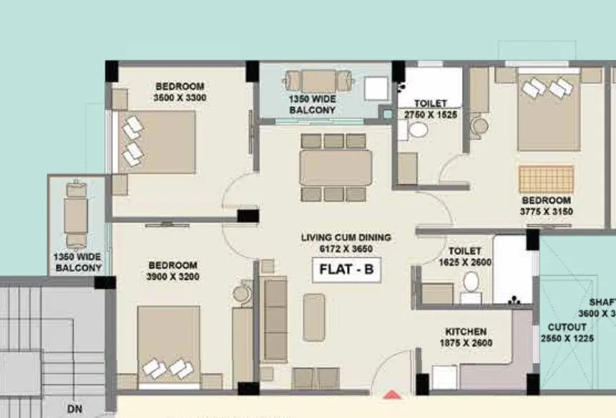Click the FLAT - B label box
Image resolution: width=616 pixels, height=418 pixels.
(346, 271)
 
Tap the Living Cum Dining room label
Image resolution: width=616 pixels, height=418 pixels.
(346, 237)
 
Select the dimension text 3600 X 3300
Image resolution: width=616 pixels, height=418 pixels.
(180, 97)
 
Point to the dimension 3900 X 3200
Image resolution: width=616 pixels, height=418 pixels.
(173, 277)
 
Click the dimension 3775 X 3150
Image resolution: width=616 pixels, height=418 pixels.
(546, 212)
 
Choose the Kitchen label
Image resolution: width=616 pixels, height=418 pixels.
(466, 332)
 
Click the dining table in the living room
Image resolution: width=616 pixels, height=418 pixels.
(335, 168)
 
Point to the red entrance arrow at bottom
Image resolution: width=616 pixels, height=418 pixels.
(391, 394)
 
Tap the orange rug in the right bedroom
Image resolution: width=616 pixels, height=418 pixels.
(547, 179)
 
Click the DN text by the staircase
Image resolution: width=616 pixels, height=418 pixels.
(74, 409)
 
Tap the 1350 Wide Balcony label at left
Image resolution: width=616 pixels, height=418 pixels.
(77, 262)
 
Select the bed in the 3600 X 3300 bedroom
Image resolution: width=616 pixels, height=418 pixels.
(157, 141)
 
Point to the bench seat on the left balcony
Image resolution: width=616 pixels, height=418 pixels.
(75, 216)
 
